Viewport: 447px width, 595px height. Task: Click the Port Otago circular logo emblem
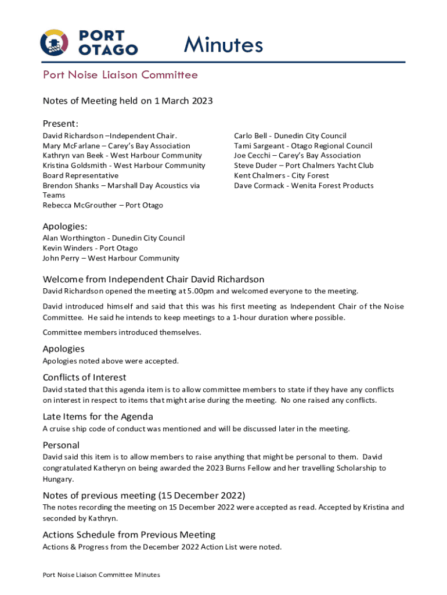54,42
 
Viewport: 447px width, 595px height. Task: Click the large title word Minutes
223,45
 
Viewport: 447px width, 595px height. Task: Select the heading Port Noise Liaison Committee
120,75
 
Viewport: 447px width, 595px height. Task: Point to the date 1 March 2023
183,101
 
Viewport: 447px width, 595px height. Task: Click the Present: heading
60,124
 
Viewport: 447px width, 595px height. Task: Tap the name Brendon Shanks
69,185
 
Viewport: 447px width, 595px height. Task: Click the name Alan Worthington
74,238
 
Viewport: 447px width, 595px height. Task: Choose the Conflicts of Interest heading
84,378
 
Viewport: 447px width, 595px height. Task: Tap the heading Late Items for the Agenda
98,417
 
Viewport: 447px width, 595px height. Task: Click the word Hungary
58,479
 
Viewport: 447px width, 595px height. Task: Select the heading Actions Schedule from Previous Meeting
129,535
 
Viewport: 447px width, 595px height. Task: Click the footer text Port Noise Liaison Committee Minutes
101,575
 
